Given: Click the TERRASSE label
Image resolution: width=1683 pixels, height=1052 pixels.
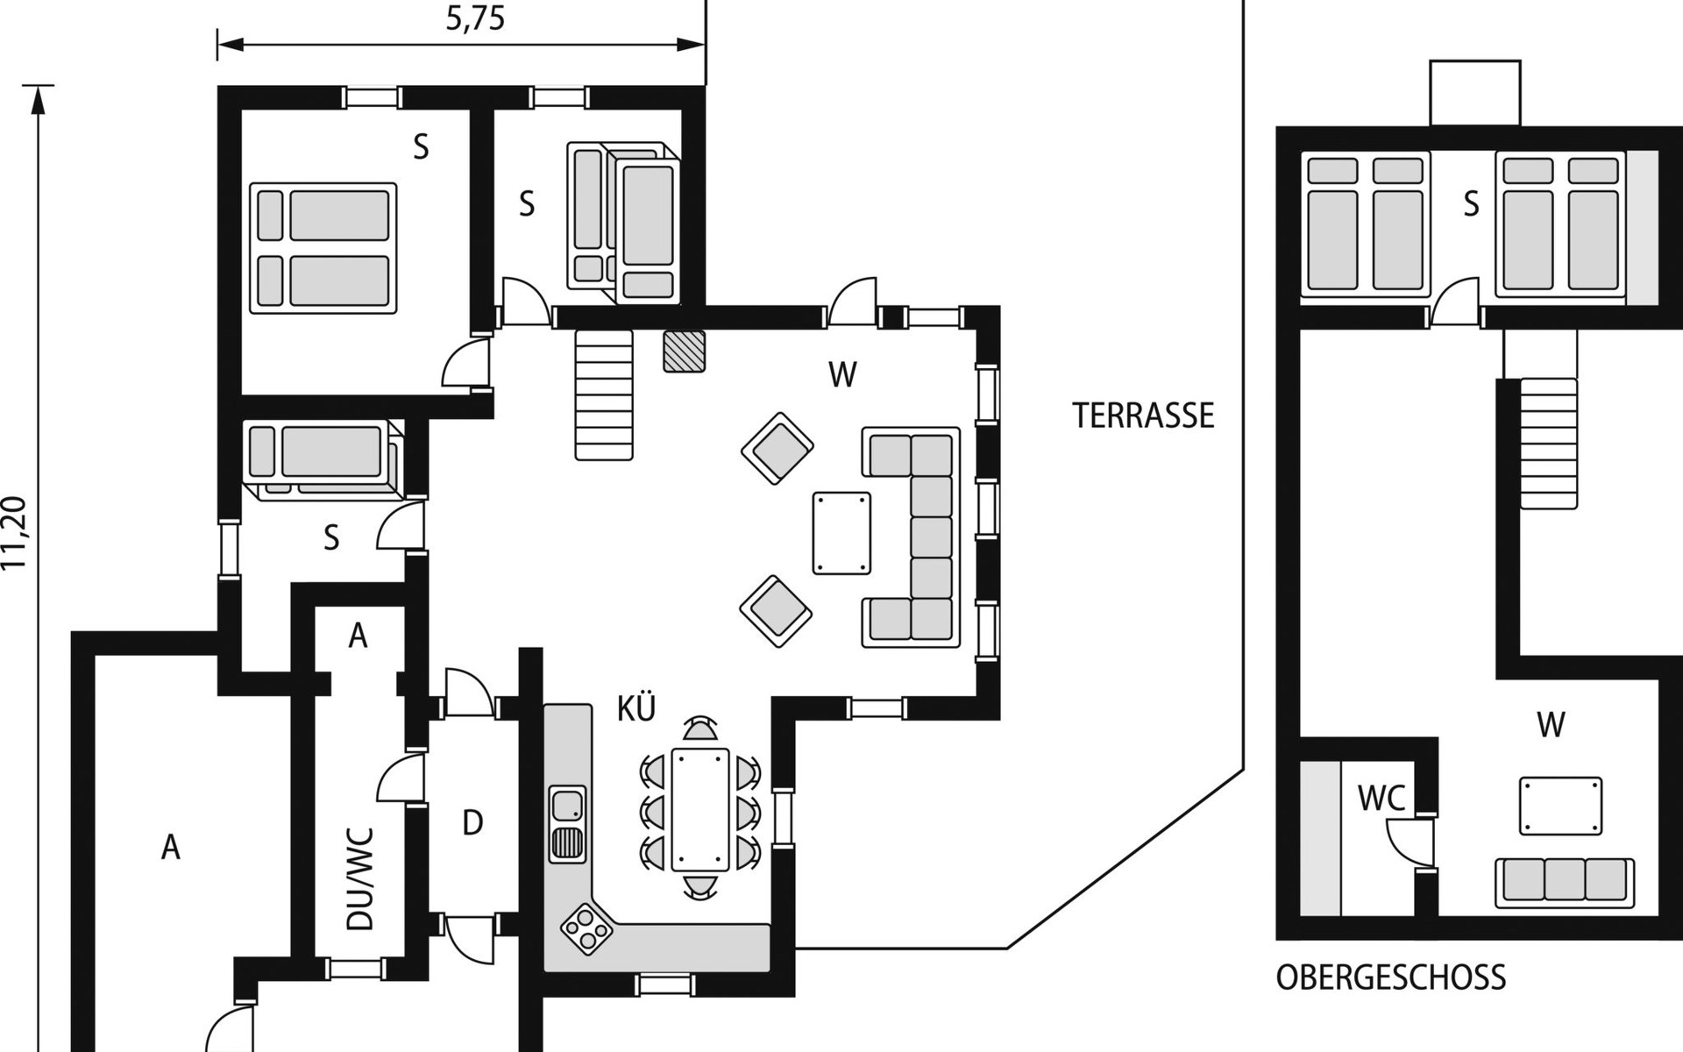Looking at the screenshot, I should tap(1143, 416).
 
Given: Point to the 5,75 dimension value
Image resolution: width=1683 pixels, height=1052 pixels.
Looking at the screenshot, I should tap(475, 19).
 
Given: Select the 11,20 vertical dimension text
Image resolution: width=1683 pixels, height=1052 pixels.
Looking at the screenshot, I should tap(16, 533).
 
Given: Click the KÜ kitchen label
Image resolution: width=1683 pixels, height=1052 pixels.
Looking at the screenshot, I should tap(636, 709).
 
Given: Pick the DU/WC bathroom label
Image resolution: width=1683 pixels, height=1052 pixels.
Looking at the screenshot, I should tap(360, 878).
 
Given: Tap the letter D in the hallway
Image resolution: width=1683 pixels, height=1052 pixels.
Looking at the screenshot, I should tap(472, 823).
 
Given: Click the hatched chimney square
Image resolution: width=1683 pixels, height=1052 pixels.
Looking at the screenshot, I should tap(684, 351).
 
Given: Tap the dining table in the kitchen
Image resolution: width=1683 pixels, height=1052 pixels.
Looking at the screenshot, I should tap(699, 808).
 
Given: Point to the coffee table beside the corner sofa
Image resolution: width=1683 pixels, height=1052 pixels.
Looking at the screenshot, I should tap(841, 533).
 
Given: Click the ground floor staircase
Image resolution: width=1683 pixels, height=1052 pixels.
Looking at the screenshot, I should tap(604, 394).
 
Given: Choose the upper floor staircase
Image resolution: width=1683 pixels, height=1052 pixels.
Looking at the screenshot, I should tap(1548, 443).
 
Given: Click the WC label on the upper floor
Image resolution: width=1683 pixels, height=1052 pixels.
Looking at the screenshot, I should tap(1381, 799).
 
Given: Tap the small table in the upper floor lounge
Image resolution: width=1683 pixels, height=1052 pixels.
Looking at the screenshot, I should tap(1561, 806).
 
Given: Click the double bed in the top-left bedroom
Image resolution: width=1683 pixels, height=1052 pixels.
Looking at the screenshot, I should tap(323, 247).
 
